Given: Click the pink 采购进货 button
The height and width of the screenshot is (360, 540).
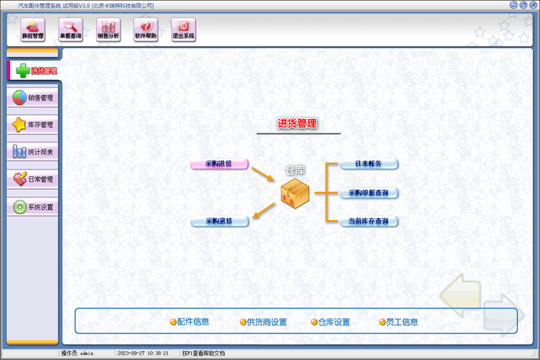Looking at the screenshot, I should [x=219, y=163].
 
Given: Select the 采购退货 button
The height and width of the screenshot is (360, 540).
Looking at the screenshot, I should [x=219, y=221].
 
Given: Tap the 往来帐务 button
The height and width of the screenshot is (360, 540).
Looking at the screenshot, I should [x=369, y=163].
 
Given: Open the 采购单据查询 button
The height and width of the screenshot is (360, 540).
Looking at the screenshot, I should [x=369, y=192].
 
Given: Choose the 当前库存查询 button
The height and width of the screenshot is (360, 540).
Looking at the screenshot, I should [x=369, y=221].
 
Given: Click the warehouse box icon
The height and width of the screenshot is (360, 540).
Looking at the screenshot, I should [x=295, y=194].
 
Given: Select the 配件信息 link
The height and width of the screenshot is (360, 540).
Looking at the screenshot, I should [x=190, y=322].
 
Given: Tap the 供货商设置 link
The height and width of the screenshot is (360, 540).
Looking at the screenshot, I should [x=263, y=322].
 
